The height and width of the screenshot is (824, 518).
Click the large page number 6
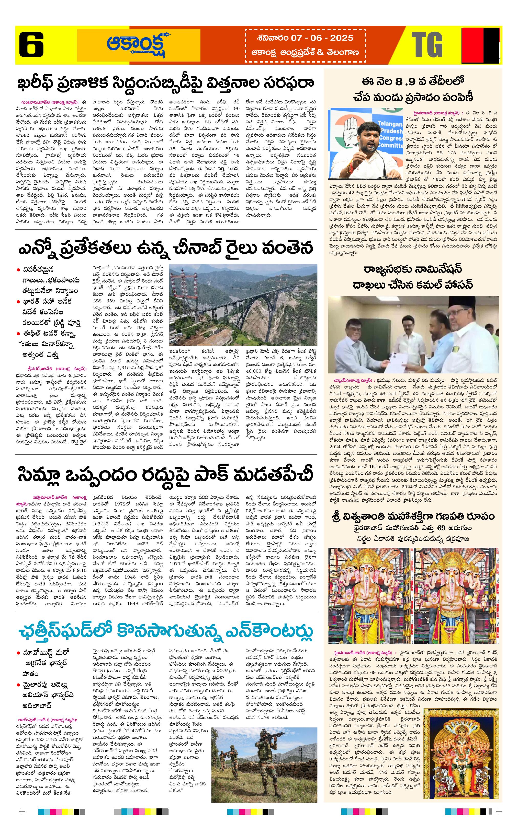pos(31,45)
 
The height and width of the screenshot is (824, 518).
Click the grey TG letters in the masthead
pos(427,45)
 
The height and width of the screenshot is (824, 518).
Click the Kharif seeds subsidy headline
pos(166,84)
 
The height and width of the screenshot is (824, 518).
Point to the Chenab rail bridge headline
pos(166,248)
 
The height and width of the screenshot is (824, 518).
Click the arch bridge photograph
pos(243,304)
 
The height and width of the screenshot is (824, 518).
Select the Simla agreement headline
pos(166,475)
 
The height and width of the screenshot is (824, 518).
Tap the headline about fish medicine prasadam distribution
pos(413,90)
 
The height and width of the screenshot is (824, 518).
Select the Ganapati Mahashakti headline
pos(413,516)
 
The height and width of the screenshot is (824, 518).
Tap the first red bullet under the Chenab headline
pos(18,270)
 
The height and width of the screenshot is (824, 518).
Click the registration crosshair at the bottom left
pos(22,811)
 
